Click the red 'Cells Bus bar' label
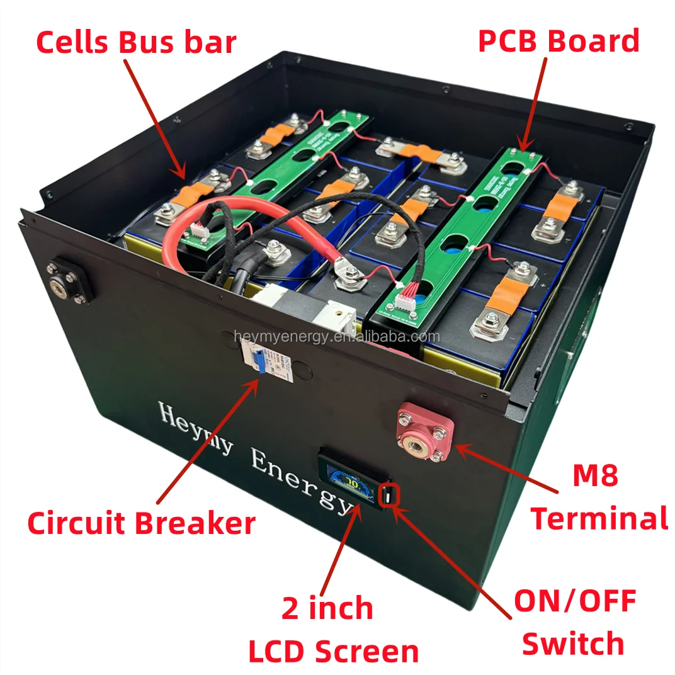pos(136,42)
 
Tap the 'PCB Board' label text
pos(559,42)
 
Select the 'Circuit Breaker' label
pos(141,523)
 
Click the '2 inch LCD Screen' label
pos(334,630)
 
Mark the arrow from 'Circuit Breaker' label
pos(208,441)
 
